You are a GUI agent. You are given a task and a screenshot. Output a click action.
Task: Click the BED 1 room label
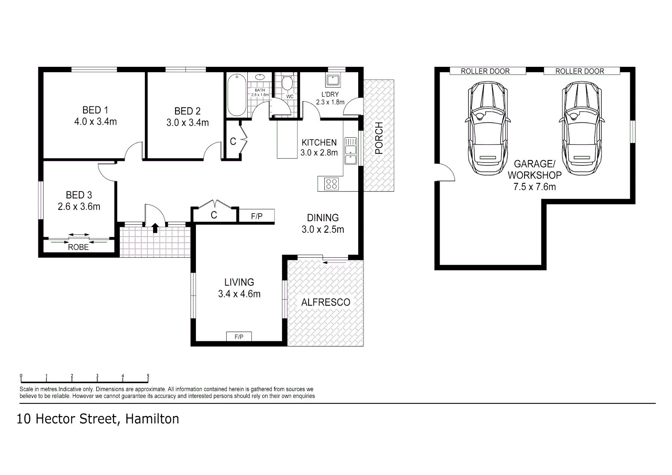tap(95, 110)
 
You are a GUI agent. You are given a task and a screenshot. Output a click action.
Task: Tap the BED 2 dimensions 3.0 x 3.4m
tap(187, 123)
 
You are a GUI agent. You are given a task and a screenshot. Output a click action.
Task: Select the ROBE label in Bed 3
tap(78, 247)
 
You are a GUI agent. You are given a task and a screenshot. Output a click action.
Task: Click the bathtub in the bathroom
tap(236, 95)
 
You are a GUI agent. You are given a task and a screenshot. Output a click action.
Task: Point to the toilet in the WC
tap(287, 83)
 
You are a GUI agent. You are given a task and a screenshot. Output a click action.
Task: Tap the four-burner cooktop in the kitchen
tap(331, 183)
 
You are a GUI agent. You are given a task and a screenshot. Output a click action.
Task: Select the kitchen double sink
tap(350, 151)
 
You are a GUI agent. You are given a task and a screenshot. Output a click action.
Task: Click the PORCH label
tap(379, 138)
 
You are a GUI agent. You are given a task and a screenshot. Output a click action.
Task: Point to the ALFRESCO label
tap(326, 302)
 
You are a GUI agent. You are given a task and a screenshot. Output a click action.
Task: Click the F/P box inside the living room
tap(239, 337)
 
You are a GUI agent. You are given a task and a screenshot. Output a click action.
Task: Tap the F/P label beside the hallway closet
tap(257, 216)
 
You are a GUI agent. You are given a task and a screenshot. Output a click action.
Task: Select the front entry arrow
tap(155, 228)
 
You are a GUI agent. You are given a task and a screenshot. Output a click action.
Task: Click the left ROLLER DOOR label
tap(485, 71)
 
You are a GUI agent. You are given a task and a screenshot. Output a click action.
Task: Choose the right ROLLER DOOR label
tap(580, 71)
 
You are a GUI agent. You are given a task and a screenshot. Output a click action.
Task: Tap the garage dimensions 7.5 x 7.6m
tap(534, 187)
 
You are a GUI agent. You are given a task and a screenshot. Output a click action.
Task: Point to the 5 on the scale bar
tap(148, 376)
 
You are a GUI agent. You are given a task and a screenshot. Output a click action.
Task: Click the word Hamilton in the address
tap(152, 419)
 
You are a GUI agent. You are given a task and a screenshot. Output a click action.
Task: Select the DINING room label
tap(323, 218)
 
